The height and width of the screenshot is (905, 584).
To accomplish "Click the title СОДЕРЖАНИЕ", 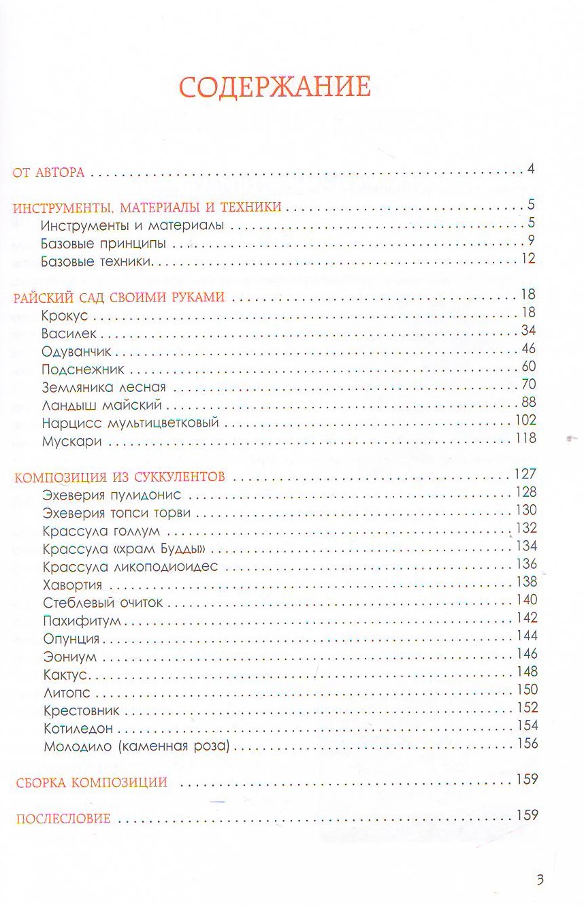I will pyautogui.click(x=274, y=88).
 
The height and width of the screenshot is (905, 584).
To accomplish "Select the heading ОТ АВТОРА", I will pyautogui.click(x=49, y=173).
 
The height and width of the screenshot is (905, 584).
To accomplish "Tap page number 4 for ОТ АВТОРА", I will pyautogui.click(x=530, y=169).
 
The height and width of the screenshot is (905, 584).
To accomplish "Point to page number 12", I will pyautogui.click(x=529, y=258).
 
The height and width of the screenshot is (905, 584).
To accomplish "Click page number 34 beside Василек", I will pyautogui.click(x=529, y=331).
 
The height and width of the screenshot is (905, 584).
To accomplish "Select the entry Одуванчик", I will pyautogui.click(x=76, y=352).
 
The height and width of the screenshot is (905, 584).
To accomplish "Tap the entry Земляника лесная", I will pyautogui.click(x=103, y=387).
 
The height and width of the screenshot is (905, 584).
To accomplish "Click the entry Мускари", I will pyautogui.click(x=71, y=441).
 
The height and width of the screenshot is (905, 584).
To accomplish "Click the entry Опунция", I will pyautogui.click(x=71, y=639).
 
